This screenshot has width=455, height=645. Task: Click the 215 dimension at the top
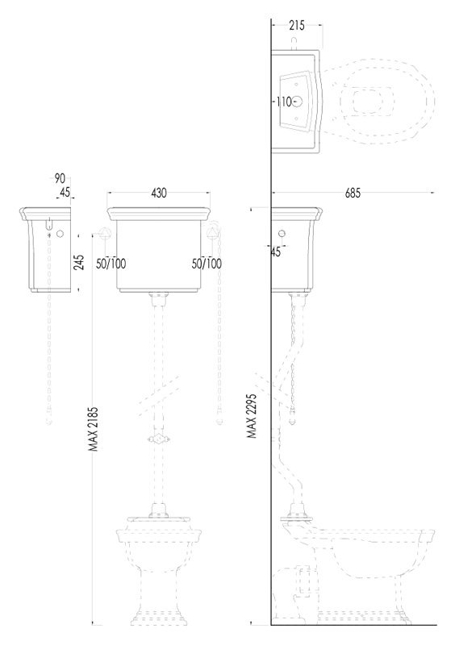click(x=296, y=26)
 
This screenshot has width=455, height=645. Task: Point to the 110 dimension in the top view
click(x=284, y=102)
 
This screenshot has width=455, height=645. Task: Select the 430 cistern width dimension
click(x=159, y=193)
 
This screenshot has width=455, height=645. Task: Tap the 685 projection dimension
click(x=353, y=193)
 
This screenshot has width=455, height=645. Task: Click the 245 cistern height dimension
click(x=81, y=262)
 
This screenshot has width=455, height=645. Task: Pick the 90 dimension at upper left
click(x=60, y=178)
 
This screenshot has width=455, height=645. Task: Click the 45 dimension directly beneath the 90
click(x=65, y=192)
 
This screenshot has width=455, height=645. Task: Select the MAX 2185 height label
click(x=94, y=429)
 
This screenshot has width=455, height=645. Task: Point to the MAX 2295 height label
click(x=252, y=416)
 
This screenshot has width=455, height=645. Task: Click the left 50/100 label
click(x=111, y=264)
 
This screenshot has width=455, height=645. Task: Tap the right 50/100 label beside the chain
click(x=207, y=264)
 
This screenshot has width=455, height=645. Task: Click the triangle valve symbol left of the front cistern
click(x=106, y=232)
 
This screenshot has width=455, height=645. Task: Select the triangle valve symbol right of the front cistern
click(x=213, y=232)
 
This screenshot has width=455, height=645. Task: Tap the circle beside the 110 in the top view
click(x=298, y=102)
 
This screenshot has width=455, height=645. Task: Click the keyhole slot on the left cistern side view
click(x=49, y=223)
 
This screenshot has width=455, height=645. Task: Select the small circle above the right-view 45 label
click(x=282, y=234)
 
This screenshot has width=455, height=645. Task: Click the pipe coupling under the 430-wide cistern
click(x=159, y=298)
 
